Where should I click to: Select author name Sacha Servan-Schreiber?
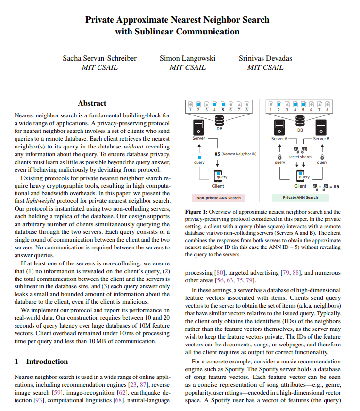[99, 58]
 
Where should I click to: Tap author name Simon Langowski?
[187, 58]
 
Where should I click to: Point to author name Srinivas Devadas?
[265, 58]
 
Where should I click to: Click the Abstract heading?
[92, 103]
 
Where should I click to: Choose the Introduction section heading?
[47, 362]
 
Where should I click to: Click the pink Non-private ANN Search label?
[218, 197]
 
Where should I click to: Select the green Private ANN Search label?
[300, 197]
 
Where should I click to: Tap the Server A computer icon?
[279, 128]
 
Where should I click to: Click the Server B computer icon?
[321, 128]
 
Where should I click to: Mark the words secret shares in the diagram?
[300, 157]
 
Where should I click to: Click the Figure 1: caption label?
[196, 212]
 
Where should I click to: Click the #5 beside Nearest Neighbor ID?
[218, 154]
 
